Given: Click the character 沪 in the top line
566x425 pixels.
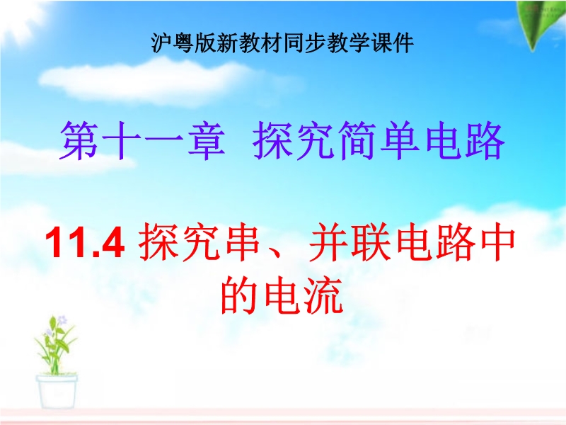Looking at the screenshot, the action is [x=162, y=43].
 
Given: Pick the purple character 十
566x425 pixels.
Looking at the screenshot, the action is [x=122, y=140].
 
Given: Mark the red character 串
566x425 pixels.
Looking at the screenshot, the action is [x=243, y=241].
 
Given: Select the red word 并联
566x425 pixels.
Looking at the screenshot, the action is [x=350, y=241].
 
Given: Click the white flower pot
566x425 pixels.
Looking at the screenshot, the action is [x=57, y=392].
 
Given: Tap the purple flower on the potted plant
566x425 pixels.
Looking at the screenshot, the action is [x=62, y=320].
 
